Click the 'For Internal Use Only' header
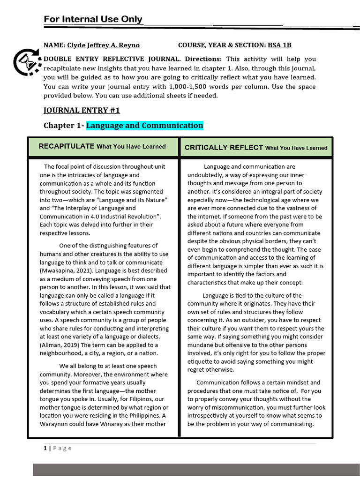(93, 19)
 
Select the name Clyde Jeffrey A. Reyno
(103, 45)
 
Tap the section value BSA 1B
(279, 45)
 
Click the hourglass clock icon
(27, 63)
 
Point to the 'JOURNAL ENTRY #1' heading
(82, 110)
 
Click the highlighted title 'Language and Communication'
(144, 126)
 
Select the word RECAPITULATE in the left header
(67, 146)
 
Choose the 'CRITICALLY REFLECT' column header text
(224, 148)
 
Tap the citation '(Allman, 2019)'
(59, 345)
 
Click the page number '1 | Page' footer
(58, 448)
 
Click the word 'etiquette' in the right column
(201, 361)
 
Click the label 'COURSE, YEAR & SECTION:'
(222, 45)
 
